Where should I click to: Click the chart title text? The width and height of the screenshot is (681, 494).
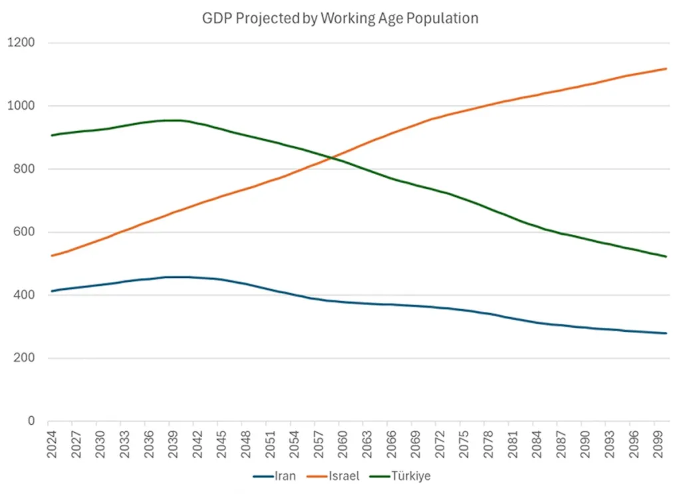pos(340,19)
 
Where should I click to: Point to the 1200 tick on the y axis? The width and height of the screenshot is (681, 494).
pos(21,43)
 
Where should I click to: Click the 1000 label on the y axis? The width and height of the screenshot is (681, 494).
pos(21,106)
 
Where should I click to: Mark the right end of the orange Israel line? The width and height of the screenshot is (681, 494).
pos(666,68)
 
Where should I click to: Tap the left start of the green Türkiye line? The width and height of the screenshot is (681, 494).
pos(51,136)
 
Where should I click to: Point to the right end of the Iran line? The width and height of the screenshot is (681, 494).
pos(666,333)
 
